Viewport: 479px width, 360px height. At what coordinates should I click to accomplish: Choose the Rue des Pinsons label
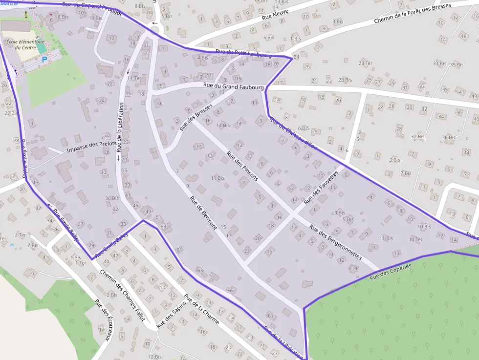point(242,166)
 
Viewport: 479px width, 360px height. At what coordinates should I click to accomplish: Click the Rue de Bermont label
point(203,213)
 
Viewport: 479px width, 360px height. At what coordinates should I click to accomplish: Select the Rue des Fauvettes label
point(321,188)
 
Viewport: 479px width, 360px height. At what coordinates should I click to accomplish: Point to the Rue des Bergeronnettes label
point(335,241)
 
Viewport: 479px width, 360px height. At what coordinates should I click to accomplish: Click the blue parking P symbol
point(44,60)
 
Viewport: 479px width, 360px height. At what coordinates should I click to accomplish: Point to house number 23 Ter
point(366,64)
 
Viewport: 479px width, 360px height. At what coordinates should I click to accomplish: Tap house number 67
point(270,316)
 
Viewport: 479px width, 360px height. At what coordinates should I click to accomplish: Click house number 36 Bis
point(448,137)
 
